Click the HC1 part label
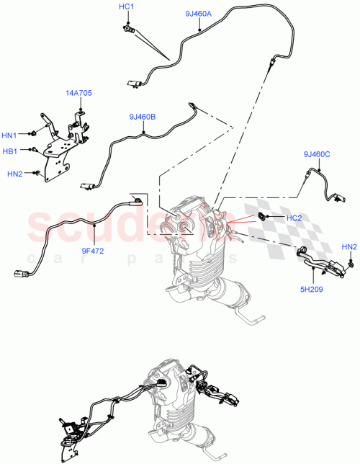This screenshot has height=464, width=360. (x=126, y=6)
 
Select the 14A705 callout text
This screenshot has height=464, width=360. (x=78, y=93)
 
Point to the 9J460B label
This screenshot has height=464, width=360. (x=143, y=116)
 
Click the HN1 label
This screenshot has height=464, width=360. (x=9, y=135)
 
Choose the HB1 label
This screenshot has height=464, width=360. (x=9, y=151)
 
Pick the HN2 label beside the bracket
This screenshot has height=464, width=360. (x=14, y=174)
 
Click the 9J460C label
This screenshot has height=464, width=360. (x=317, y=153)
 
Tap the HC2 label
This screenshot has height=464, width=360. (x=294, y=218)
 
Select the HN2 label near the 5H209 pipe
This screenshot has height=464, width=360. (x=348, y=248)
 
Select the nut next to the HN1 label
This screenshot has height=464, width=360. (x=32, y=134)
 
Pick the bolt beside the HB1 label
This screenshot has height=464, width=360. (x=33, y=150)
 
